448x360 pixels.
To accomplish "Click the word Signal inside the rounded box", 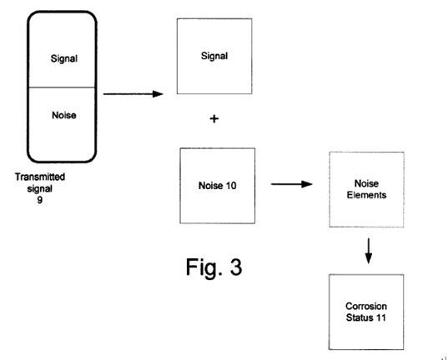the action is [x=64, y=59].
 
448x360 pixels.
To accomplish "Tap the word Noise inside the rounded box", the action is [x=64, y=115].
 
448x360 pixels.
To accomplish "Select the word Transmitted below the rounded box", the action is [x=40, y=177].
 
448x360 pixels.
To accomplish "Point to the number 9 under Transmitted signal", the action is [x=40, y=199].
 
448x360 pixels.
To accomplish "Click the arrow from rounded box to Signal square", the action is [x=133, y=93].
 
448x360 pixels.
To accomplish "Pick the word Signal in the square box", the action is [x=214, y=56].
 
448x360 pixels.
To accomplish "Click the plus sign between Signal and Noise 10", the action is [x=214, y=118].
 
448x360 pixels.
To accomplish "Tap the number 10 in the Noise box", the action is [x=231, y=186].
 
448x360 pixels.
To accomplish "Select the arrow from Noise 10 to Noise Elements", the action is [x=292, y=184].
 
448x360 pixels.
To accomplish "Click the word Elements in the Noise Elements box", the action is [x=366, y=195].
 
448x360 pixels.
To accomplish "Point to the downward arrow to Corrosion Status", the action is [x=369, y=251].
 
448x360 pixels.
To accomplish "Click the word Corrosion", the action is [x=366, y=306].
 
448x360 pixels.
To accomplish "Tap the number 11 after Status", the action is [x=381, y=317].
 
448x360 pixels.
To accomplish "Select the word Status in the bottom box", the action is [x=360, y=317].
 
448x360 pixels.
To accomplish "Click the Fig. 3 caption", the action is [x=214, y=267].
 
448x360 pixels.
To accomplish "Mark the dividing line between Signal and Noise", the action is [x=62, y=87].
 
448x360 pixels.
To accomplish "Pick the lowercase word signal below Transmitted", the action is [x=40, y=188].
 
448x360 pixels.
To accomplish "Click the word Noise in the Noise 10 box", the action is [x=211, y=186].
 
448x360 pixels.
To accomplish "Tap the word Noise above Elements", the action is [x=366, y=183].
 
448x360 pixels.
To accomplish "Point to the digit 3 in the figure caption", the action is [x=236, y=267].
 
